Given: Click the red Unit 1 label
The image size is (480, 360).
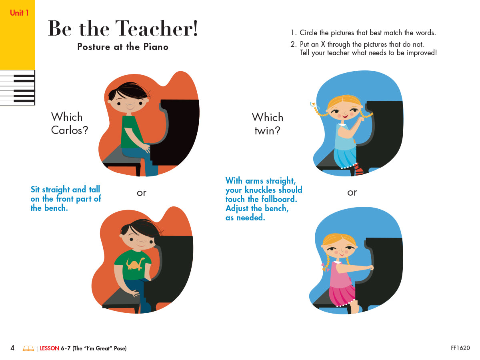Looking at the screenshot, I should point(19,13).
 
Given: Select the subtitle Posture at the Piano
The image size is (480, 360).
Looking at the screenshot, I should point(123,47).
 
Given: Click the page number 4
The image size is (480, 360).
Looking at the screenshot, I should point(12,348).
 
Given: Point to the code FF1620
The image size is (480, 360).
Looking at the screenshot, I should point(460,348).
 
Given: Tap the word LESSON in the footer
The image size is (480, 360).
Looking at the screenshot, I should point(49,348).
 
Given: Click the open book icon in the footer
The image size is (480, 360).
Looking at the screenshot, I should point(28,348).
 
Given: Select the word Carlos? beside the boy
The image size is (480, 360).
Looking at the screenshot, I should point(69,130).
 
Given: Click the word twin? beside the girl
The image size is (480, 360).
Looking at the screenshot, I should point(267,130).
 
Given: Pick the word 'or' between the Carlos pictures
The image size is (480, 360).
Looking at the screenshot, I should point(142,193).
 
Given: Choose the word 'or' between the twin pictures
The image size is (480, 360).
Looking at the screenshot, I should point(352,192).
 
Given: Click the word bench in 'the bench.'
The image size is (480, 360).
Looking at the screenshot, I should point(56,208).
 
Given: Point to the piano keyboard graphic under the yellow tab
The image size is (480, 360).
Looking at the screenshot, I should point(17,88).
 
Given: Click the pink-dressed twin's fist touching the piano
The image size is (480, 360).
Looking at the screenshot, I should point(371,268).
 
